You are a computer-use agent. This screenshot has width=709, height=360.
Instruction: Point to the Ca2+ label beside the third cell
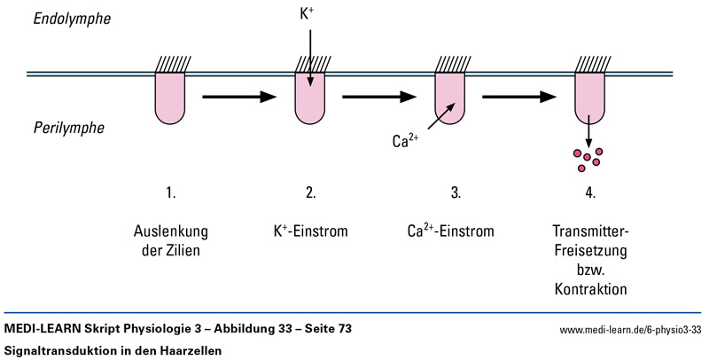coord(406,140)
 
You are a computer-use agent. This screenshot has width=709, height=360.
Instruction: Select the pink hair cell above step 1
coord(170,97)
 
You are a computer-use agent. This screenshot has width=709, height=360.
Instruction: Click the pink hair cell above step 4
coord(588,97)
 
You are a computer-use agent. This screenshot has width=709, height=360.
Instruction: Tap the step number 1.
coord(170,192)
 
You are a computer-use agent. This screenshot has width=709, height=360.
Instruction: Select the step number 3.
coord(449,192)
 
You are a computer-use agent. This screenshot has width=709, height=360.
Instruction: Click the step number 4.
coord(589,192)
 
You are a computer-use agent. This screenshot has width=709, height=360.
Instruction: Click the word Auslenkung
coord(169,232)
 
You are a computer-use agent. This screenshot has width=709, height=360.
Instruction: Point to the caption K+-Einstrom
coord(309,232)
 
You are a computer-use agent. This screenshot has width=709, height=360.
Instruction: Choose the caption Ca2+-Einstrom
coord(448,232)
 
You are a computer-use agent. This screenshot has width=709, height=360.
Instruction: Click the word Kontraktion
coord(589,289)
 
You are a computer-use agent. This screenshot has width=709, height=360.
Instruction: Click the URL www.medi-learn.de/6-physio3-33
coord(630,330)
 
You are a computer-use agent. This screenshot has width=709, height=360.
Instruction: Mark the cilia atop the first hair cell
coord(170,64)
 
